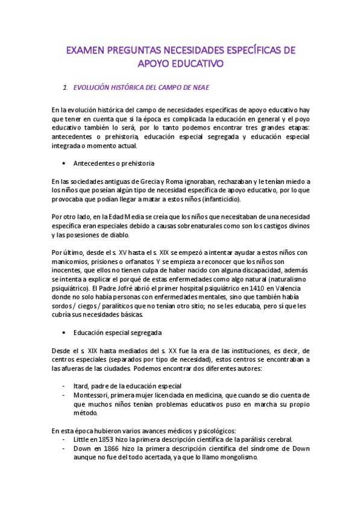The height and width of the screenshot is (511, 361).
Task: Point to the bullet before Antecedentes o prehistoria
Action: point(63,163)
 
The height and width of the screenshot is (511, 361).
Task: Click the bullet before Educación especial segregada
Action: point(63,333)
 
